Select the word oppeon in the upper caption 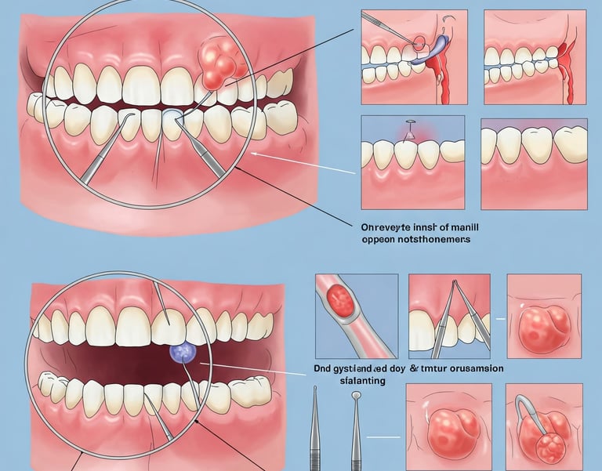point(379,240)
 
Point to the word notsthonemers point(434,240)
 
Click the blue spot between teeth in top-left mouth point(172,117)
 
